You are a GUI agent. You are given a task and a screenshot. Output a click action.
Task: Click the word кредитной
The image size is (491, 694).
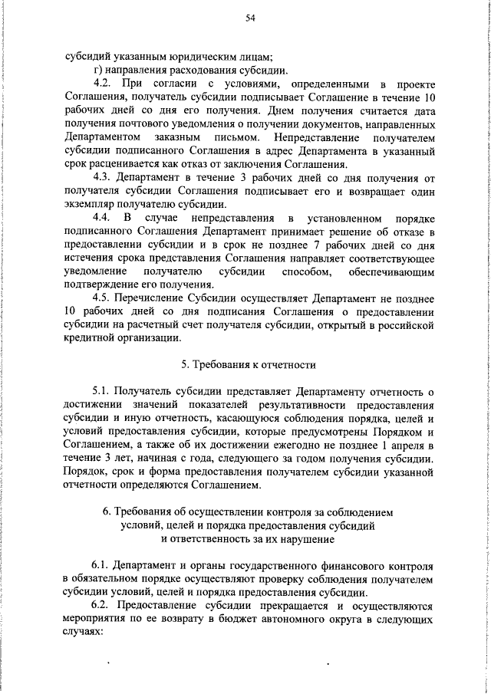[90, 339]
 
